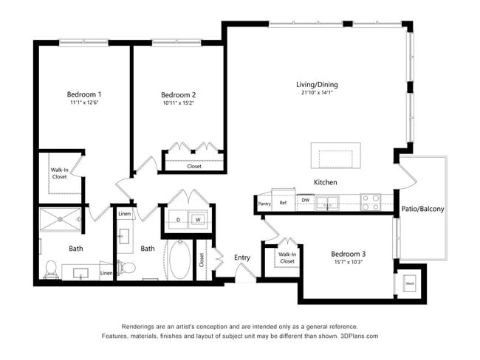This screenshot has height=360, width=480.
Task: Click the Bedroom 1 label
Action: [84, 94]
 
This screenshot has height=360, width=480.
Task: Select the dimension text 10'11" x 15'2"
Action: [178, 104]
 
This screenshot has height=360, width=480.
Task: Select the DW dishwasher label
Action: [305, 200]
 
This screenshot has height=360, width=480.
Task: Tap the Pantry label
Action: [264, 204]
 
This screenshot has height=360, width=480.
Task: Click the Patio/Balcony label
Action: [422, 210]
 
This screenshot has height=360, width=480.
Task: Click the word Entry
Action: [242, 257]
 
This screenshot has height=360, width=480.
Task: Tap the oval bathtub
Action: [179, 260]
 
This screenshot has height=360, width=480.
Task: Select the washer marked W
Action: [198, 219]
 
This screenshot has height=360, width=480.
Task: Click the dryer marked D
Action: [179, 219]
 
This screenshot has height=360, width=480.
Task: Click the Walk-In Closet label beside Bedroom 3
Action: [287, 257]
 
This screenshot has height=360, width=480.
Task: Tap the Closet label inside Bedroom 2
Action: [193, 166]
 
